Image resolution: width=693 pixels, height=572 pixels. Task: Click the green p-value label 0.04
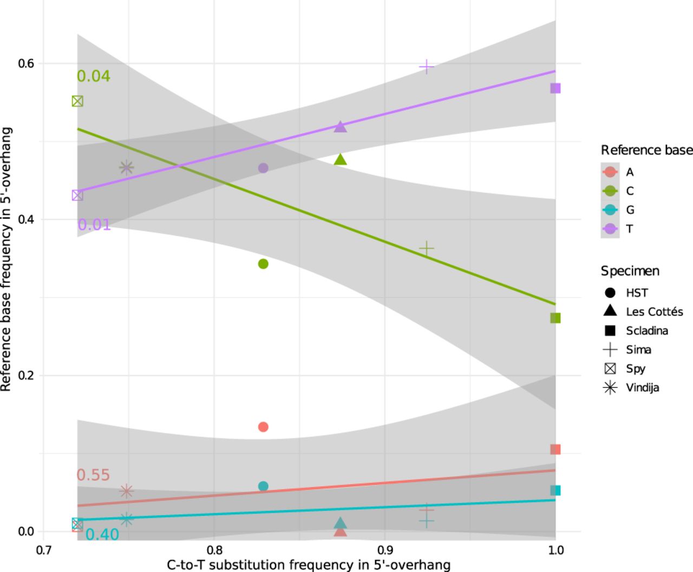[93, 76]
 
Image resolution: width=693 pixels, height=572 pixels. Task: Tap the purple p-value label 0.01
[94, 225]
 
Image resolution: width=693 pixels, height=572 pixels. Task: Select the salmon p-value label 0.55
[93, 475]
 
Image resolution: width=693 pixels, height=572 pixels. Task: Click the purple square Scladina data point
[555, 88]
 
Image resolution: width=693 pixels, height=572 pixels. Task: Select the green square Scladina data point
[555, 318]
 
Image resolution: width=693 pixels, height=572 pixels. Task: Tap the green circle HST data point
[263, 264]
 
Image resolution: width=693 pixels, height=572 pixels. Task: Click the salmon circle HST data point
[263, 427]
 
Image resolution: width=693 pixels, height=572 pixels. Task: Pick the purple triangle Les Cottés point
[340, 127]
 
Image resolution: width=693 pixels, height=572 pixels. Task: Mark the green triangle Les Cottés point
[340, 160]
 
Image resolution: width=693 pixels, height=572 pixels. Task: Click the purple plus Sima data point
[427, 67]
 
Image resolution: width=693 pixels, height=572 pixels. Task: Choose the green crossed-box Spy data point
[77, 101]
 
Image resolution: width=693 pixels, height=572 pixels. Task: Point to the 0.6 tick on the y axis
[27, 63]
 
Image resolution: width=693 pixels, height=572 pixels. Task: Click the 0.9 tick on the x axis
[384, 550]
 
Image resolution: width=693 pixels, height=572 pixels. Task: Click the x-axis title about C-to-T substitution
[309, 566]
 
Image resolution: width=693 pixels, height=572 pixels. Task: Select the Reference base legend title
[646, 150]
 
